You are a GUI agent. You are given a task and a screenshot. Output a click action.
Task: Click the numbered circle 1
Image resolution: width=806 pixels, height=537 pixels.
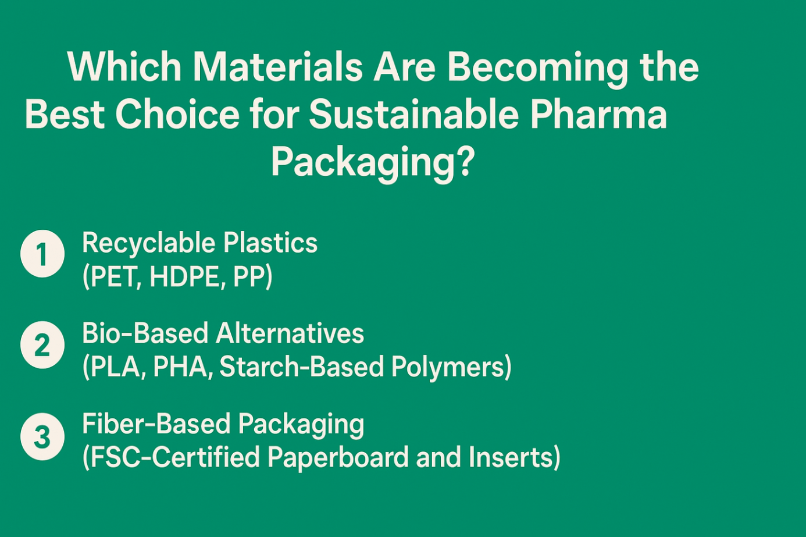(42, 254)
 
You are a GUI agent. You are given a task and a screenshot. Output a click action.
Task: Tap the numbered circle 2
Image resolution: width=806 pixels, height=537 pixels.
(42, 345)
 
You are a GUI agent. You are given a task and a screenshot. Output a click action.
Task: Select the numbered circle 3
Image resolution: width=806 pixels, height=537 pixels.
(42, 436)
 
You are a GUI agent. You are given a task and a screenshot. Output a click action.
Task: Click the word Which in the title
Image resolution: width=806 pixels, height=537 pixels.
(124, 67)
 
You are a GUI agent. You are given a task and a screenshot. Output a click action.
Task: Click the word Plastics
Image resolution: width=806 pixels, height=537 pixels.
(270, 243)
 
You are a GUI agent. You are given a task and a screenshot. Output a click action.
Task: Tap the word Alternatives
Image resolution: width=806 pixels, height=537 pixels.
(290, 333)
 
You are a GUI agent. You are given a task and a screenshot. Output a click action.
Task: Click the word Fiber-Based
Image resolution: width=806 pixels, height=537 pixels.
(156, 424)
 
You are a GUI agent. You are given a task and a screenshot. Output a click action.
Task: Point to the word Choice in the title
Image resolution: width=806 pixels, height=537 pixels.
(177, 115)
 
